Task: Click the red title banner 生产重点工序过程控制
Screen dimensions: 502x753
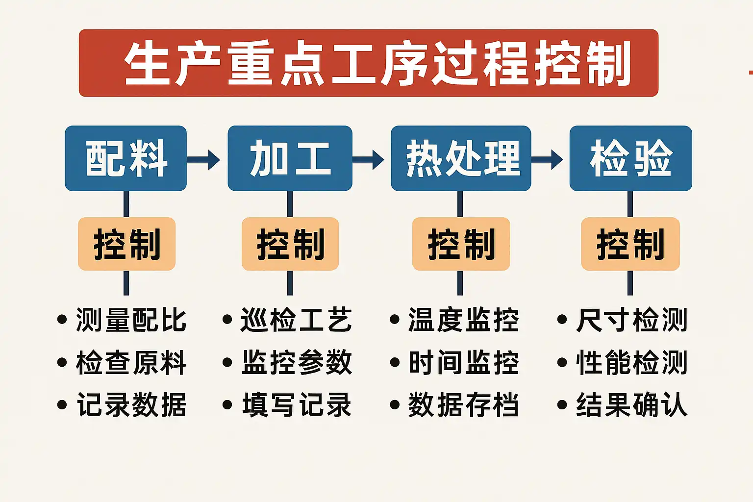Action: point(368,63)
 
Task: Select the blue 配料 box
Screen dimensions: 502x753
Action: point(126,158)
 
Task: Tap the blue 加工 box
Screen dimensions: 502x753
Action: point(290,158)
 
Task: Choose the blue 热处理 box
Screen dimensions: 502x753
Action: point(461,158)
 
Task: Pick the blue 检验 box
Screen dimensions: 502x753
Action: point(630,158)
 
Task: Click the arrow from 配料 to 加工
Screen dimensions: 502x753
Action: point(204,159)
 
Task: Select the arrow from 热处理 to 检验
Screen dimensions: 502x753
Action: point(548,159)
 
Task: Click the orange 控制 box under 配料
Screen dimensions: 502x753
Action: point(126,244)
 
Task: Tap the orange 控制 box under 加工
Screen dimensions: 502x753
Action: point(290,244)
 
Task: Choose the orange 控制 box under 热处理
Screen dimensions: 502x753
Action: point(461,244)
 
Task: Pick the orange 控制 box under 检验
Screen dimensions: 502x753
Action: point(630,244)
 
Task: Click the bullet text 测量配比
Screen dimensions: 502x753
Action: point(131,320)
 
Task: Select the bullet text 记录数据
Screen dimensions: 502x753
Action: point(131,405)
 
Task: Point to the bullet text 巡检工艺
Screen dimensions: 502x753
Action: point(296,320)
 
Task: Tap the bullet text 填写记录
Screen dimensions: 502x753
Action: point(296,405)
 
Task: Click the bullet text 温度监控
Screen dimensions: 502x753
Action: point(463,320)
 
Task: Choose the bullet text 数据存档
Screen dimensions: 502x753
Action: point(463,405)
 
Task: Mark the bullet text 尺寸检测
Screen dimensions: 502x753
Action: point(631,320)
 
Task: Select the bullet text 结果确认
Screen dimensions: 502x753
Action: point(631,405)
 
